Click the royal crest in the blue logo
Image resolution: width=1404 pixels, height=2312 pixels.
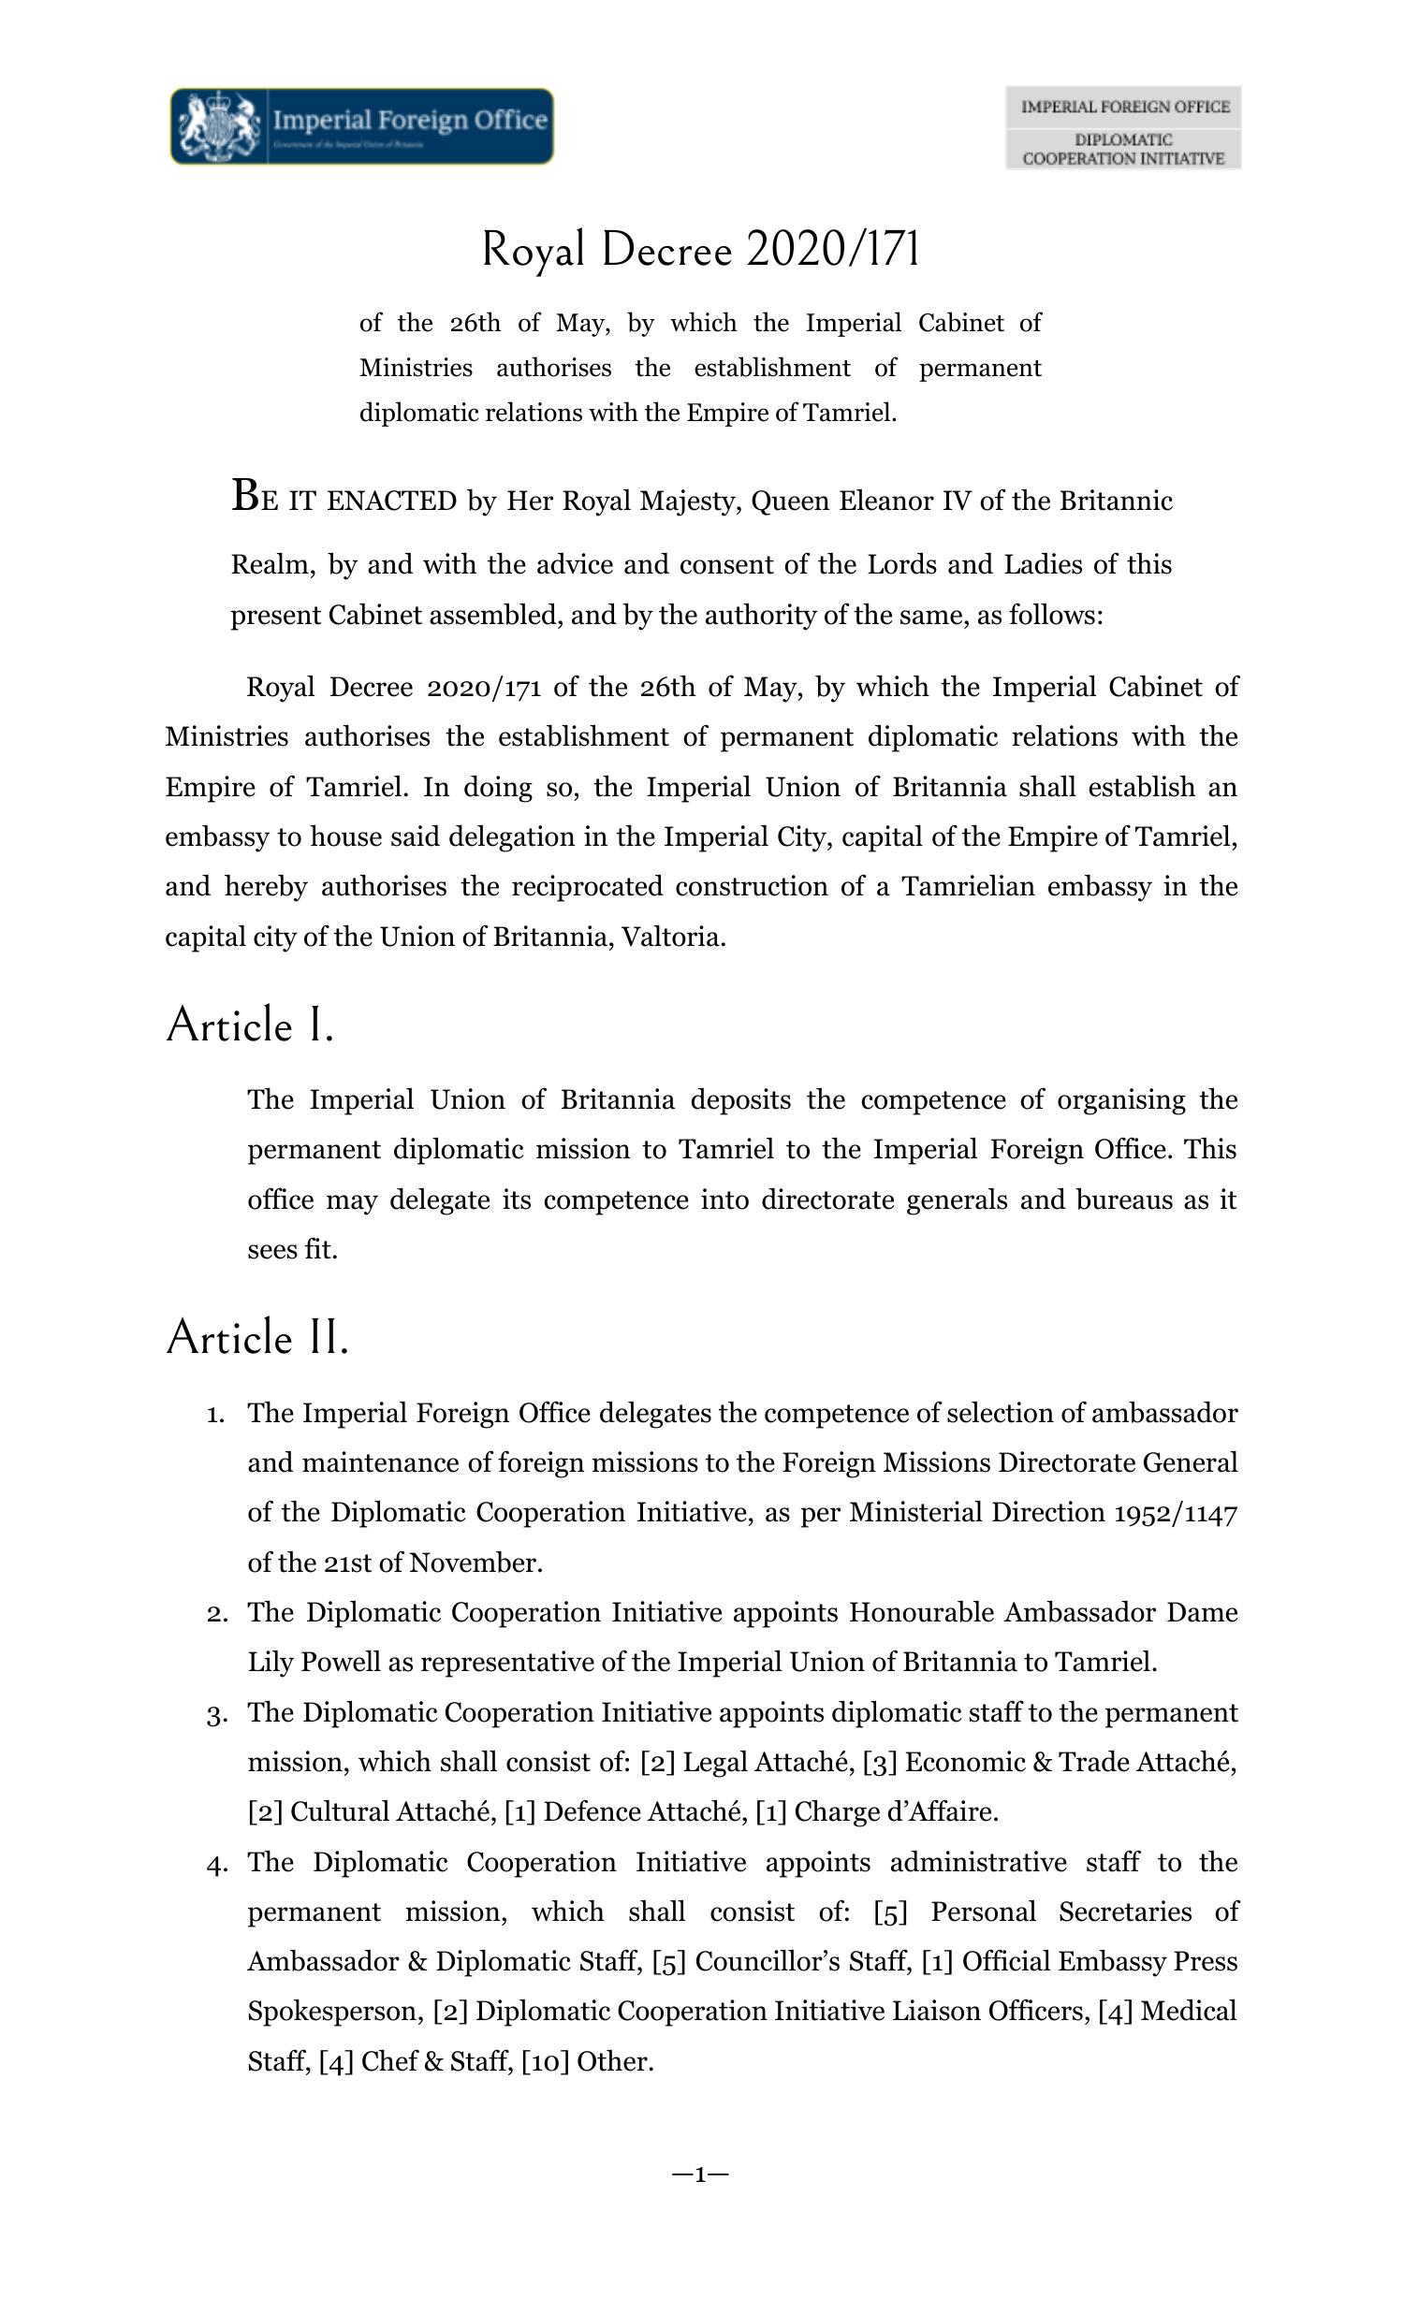pos(219,125)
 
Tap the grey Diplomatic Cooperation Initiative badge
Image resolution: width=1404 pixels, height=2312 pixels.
pos(1122,127)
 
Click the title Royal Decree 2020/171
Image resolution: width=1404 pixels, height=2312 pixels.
pos(700,250)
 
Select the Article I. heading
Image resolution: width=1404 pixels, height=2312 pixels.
pos(250,1025)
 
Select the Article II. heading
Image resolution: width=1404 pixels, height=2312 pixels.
pos(257,1337)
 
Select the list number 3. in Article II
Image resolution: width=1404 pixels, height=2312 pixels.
pos(217,1714)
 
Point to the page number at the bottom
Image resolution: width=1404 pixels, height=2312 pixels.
pos(700,2174)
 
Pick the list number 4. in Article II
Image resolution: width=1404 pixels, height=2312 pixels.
pos(217,1864)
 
